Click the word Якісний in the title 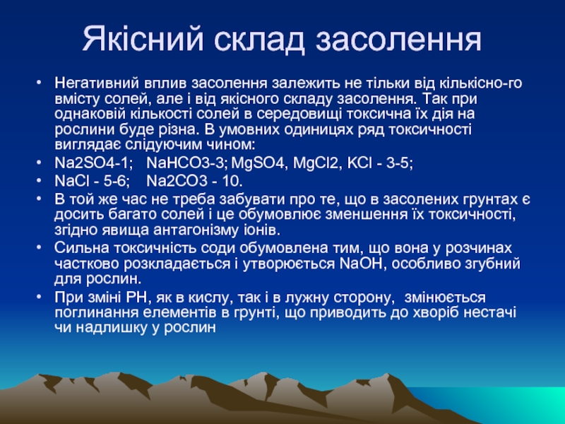(143, 38)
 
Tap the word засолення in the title (398, 39)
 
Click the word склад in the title (260, 39)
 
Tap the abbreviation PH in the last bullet (136, 298)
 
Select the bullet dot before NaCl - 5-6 (39, 180)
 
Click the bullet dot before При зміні (39, 297)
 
